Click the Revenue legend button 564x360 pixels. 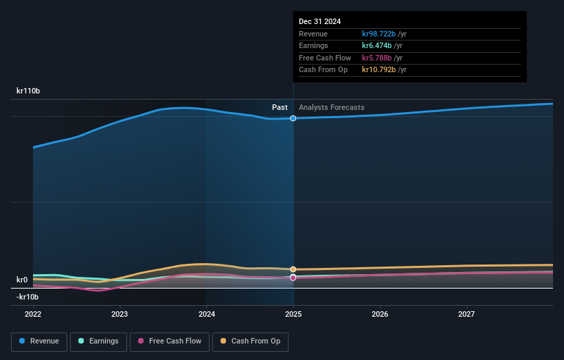[x=39, y=341]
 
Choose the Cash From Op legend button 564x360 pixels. [x=250, y=341]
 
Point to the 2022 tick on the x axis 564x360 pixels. [x=33, y=314]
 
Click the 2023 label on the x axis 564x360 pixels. [x=120, y=314]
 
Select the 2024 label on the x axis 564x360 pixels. [x=207, y=314]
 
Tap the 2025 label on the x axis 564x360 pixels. [x=293, y=314]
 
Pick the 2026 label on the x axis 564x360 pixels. [x=380, y=314]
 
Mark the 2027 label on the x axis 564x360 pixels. [x=466, y=314]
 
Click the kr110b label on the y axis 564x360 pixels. [x=28, y=91]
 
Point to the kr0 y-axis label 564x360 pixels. [x=22, y=280]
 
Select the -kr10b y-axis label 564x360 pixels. [x=28, y=297]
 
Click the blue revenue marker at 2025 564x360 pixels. [x=293, y=118]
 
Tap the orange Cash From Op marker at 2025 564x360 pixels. [x=293, y=269]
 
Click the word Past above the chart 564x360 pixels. [x=280, y=107]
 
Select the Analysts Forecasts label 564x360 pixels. [x=331, y=107]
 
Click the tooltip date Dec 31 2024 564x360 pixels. [x=319, y=22]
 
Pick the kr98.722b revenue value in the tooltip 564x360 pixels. [x=379, y=34]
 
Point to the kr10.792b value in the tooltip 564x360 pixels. [x=379, y=70]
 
